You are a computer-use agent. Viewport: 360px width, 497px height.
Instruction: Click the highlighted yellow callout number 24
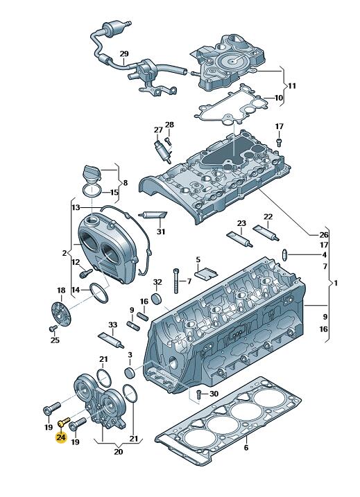click(x=61, y=437)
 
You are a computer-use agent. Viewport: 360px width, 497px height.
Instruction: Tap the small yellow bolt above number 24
click(x=64, y=422)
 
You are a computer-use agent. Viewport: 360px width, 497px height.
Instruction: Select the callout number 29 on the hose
click(x=124, y=54)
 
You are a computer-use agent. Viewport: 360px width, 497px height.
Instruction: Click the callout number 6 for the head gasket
click(x=246, y=448)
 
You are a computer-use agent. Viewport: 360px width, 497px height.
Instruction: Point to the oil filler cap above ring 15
click(x=92, y=173)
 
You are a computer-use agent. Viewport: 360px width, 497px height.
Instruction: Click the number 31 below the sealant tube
click(x=161, y=232)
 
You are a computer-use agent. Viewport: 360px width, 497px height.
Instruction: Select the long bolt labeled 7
click(x=176, y=281)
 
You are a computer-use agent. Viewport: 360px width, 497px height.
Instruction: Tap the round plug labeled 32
click(x=157, y=299)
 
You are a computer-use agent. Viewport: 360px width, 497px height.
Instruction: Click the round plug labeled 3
click(x=129, y=373)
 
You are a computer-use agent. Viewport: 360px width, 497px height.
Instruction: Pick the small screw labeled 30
click(x=198, y=394)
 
